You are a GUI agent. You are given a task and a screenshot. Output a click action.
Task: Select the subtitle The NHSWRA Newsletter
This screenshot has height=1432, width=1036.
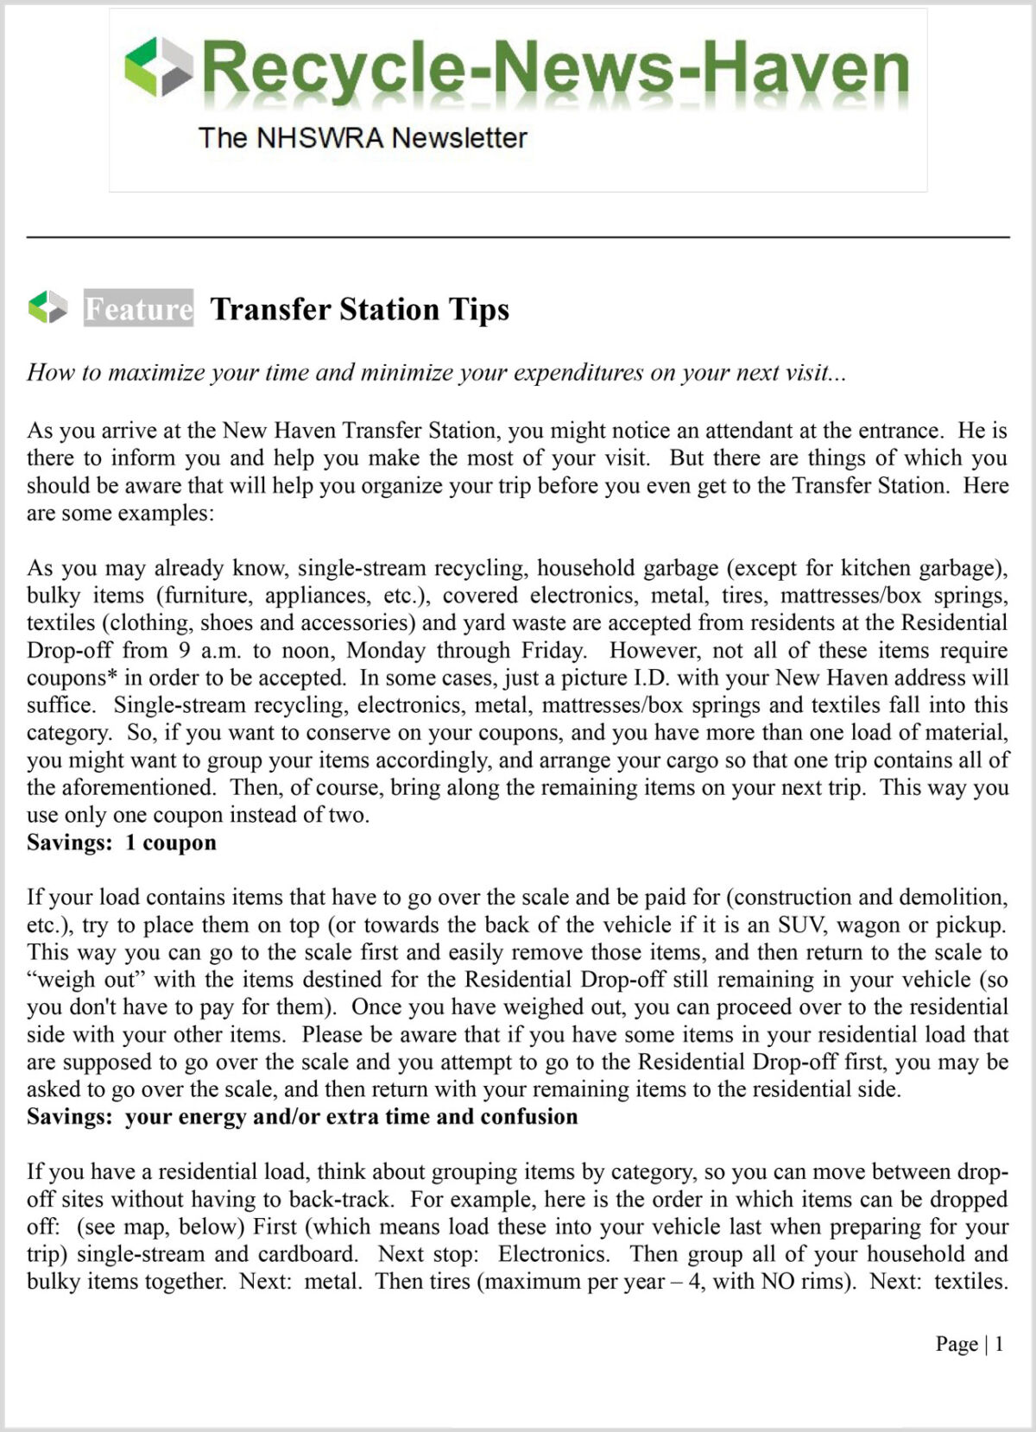pyautogui.click(x=363, y=137)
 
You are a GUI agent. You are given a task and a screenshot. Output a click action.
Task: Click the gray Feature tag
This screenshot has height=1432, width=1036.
pyautogui.click(x=138, y=308)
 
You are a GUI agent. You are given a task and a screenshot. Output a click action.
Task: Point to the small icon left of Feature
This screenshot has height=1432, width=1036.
pyautogui.click(x=47, y=307)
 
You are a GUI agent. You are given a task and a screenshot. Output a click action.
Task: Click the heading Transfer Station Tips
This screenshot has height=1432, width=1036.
pyautogui.click(x=359, y=308)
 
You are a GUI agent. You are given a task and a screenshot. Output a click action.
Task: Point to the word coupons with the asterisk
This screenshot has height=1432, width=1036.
pyautogui.click(x=72, y=678)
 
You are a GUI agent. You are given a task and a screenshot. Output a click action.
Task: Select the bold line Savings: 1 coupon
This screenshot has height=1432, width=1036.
pyautogui.click(x=122, y=842)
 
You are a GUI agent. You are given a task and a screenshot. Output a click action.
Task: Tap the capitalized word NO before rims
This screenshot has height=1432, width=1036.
pyautogui.click(x=778, y=1281)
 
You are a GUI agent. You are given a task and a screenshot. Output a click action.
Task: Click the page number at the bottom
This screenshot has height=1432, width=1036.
pyautogui.click(x=999, y=1344)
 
